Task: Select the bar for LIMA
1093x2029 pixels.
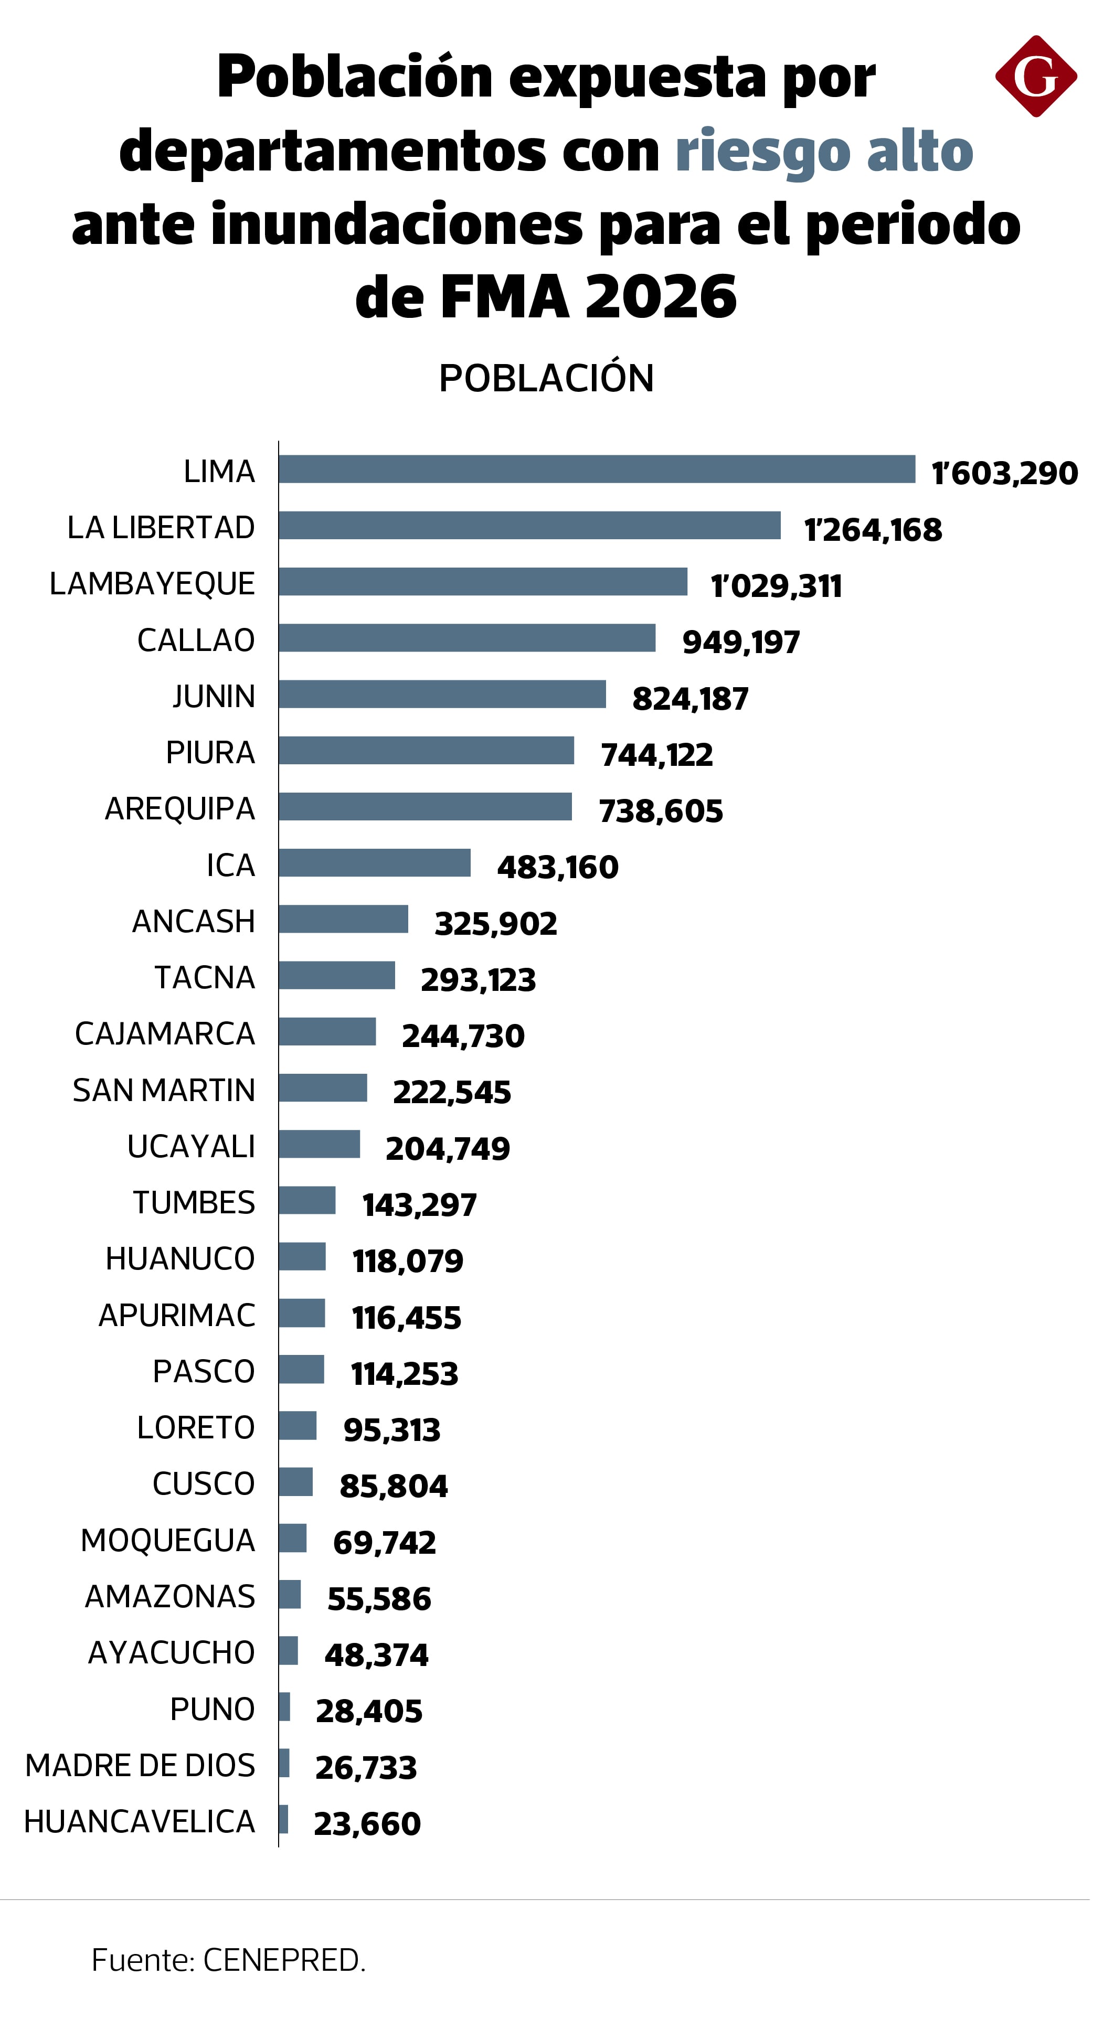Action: point(597,469)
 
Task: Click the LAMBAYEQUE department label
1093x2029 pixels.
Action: point(152,584)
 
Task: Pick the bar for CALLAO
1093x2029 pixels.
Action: point(466,638)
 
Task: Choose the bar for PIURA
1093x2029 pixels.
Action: point(426,751)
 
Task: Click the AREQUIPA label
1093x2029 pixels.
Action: point(179,809)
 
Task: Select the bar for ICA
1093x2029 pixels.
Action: point(374,863)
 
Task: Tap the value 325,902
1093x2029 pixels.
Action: point(496,924)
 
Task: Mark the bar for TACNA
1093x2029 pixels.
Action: point(336,976)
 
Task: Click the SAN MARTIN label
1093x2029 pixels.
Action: point(164,1090)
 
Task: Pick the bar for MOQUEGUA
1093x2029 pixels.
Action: point(292,1539)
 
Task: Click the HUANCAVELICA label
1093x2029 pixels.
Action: point(140,1822)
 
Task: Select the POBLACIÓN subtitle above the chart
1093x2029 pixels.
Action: point(546,378)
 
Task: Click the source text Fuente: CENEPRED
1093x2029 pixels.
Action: point(229,1960)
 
